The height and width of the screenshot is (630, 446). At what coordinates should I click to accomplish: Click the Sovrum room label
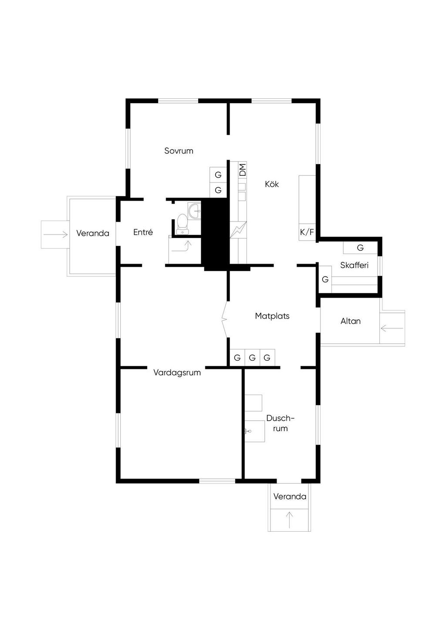click(x=179, y=151)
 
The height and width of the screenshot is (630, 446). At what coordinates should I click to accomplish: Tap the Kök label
click(x=272, y=184)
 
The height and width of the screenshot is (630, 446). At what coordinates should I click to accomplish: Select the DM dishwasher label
click(x=243, y=169)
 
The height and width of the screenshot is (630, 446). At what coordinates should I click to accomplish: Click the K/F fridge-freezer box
click(x=307, y=232)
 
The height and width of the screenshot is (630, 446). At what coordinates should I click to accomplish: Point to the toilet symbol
click(x=182, y=222)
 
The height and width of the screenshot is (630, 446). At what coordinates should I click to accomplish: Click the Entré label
click(x=143, y=232)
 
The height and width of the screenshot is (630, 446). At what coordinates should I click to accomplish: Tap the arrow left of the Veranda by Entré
click(x=55, y=235)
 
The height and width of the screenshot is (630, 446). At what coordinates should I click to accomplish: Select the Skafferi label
click(x=354, y=265)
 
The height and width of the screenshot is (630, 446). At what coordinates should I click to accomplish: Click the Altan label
click(x=351, y=321)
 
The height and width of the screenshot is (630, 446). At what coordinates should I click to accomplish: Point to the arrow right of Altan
click(x=392, y=328)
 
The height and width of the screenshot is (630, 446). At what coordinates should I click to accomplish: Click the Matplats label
click(x=272, y=316)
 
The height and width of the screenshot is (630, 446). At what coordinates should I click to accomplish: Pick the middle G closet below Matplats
click(x=252, y=358)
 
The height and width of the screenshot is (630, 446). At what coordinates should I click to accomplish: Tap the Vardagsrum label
click(x=177, y=372)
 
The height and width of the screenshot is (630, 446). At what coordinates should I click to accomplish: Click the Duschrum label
click(x=280, y=423)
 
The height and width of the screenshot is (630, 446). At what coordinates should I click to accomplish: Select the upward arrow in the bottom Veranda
click(x=289, y=519)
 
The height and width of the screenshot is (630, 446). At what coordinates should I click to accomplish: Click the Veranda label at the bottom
click(x=290, y=496)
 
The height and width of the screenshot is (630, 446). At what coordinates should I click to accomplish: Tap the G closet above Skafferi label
click(x=360, y=248)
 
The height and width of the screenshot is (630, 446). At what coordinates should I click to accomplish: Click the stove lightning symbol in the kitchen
click(x=238, y=230)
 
